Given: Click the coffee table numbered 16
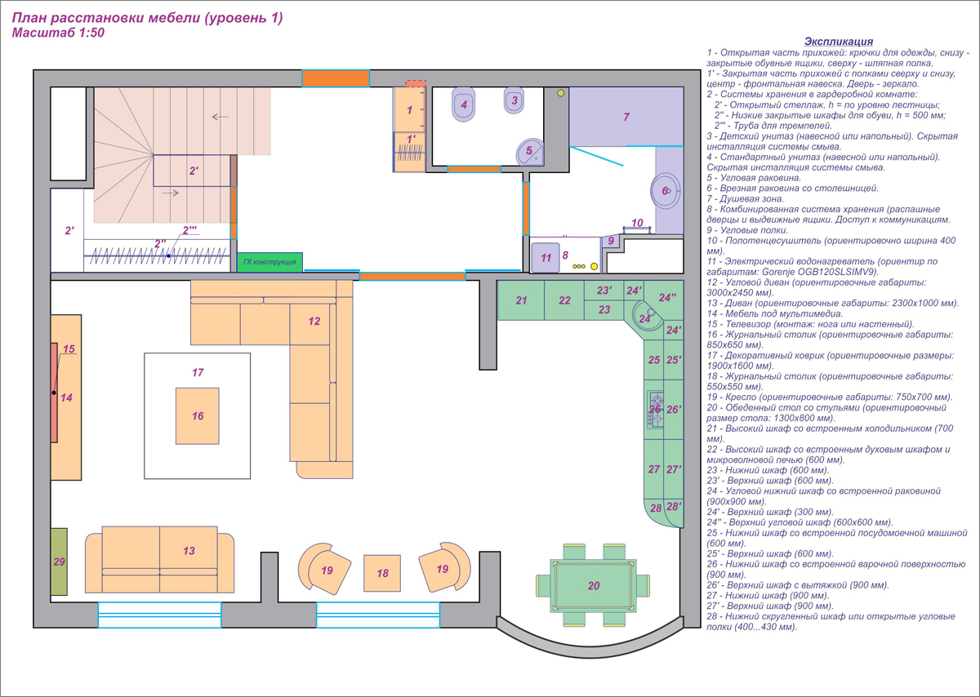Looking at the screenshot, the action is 198,416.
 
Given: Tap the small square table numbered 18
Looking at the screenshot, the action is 382,573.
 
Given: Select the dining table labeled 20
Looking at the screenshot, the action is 593,585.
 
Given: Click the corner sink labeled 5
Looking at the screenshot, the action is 529,152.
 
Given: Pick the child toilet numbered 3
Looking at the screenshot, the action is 514,100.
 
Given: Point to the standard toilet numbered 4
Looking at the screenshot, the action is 464,104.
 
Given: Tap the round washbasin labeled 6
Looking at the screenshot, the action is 666,191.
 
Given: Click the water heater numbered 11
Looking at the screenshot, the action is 546,258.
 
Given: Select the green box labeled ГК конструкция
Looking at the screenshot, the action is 270,262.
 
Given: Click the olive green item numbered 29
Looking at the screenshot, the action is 59,562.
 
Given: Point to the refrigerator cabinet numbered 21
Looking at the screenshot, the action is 521,300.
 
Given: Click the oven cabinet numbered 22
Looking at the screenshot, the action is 564,300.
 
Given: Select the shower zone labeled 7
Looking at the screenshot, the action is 626,117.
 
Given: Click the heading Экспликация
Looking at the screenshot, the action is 839,42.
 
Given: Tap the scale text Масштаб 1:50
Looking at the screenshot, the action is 58,33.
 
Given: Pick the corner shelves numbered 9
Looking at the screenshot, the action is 611,242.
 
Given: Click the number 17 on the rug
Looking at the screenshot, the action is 198,372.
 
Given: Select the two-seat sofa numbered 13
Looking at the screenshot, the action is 160,560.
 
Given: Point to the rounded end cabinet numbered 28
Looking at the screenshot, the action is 655,510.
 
